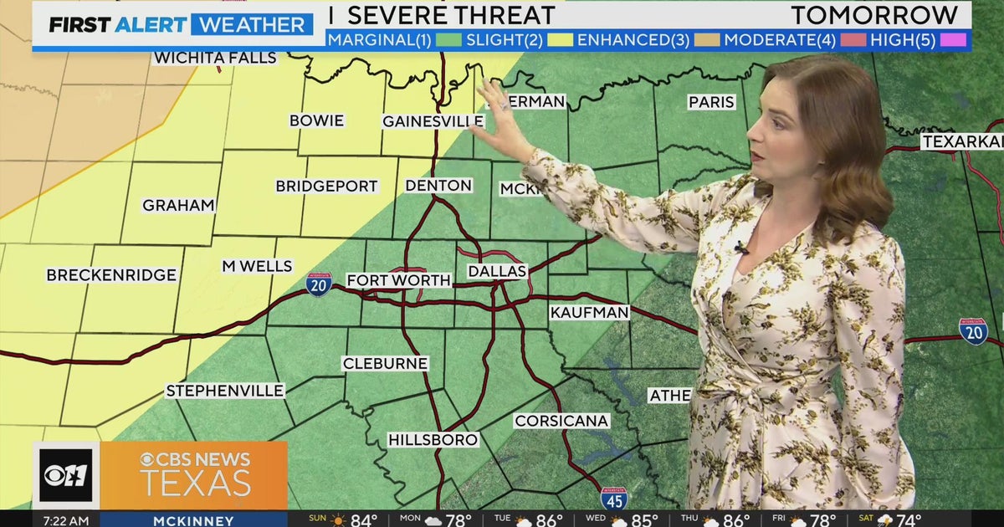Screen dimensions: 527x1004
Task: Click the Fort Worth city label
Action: (399, 281)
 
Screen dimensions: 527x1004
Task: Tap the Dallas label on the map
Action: (497, 271)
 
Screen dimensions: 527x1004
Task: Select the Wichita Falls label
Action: (215, 58)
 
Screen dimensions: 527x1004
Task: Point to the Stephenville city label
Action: (225, 391)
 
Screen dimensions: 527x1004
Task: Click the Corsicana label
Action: (561, 421)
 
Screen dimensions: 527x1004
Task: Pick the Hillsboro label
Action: (433, 440)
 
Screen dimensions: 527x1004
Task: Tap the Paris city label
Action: (711, 102)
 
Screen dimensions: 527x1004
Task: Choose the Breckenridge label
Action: (111, 275)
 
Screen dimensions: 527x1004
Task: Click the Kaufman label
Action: (589, 312)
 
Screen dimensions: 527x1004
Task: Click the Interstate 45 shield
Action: (613, 499)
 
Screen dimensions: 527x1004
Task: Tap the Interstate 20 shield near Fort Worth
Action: (319, 284)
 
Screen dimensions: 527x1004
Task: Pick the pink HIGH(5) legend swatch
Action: (953, 39)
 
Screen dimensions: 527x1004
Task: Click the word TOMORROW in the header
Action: (874, 15)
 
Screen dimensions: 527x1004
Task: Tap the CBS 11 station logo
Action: (66, 475)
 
